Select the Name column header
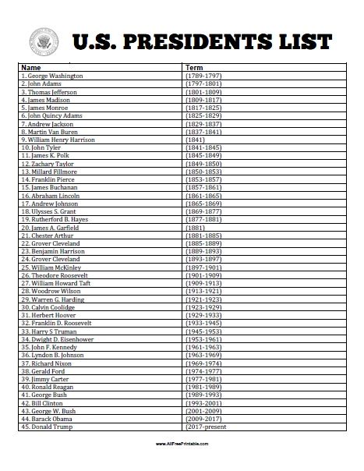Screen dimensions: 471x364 click(x=30, y=67)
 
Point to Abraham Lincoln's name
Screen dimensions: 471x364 click(x=53, y=196)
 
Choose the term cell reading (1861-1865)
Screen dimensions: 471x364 click(x=203, y=196)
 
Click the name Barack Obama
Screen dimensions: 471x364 click(x=51, y=420)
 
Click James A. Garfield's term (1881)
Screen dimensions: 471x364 click(x=196, y=228)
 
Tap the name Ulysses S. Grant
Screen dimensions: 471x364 click(x=51, y=211)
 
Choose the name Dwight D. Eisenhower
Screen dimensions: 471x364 click(x=59, y=339)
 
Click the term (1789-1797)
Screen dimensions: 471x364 click(x=203, y=76)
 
